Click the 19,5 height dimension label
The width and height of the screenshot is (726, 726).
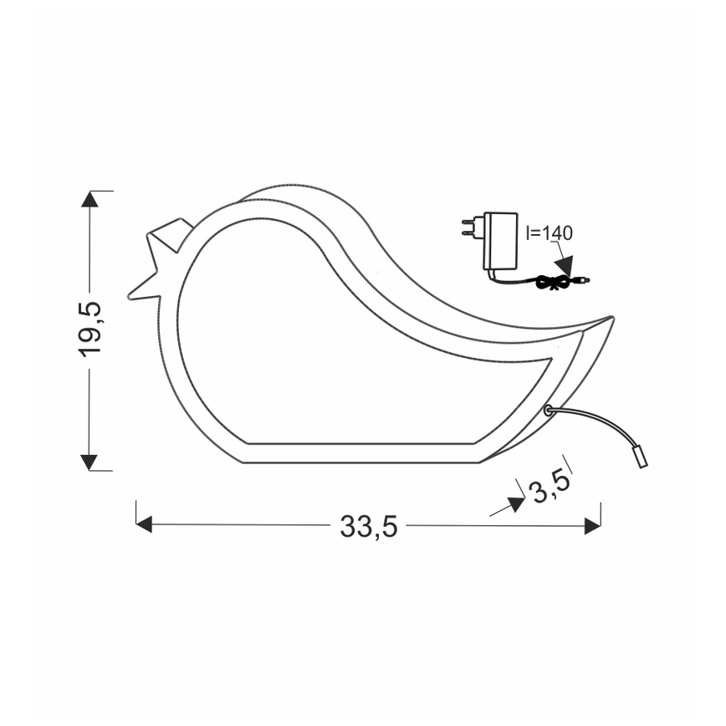(x=91, y=328)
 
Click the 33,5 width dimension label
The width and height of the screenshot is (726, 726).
(x=368, y=527)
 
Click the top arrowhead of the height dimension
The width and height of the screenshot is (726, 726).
(x=89, y=198)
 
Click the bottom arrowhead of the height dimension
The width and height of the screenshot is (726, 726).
(x=89, y=463)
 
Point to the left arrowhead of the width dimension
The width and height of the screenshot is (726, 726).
(x=144, y=524)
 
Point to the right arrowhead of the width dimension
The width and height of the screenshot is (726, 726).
(x=592, y=525)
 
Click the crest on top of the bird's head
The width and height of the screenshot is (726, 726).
(x=172, y=233)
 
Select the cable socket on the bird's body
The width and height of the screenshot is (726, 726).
(x=548, y=410)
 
